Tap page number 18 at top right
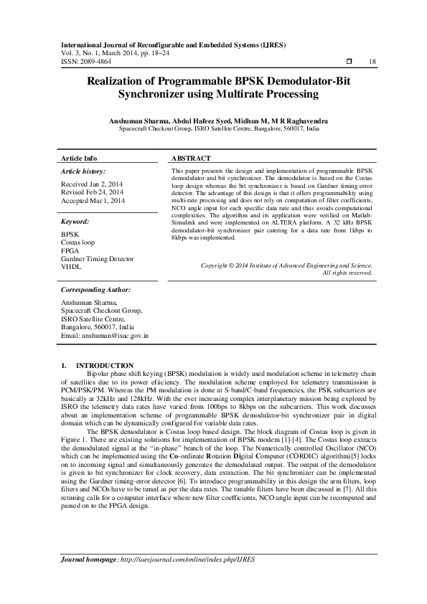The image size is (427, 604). [x=372, y=62]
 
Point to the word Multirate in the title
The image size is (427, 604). [x=253, y=95]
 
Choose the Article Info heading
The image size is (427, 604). [x=79, y=158]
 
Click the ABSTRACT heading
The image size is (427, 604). [x=192, y=158]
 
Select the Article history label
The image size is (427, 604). [x=83, y=172]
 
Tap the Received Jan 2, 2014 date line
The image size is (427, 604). [x=91, y=184]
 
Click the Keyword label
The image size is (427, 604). [x=75, y=222]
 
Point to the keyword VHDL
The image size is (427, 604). [x=72, y=267]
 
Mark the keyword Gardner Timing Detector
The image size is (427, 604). [x=98, y=259]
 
